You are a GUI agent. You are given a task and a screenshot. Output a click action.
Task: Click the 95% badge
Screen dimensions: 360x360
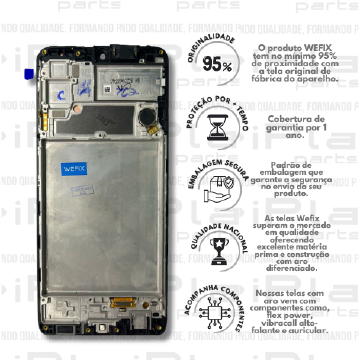pos(218,65)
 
